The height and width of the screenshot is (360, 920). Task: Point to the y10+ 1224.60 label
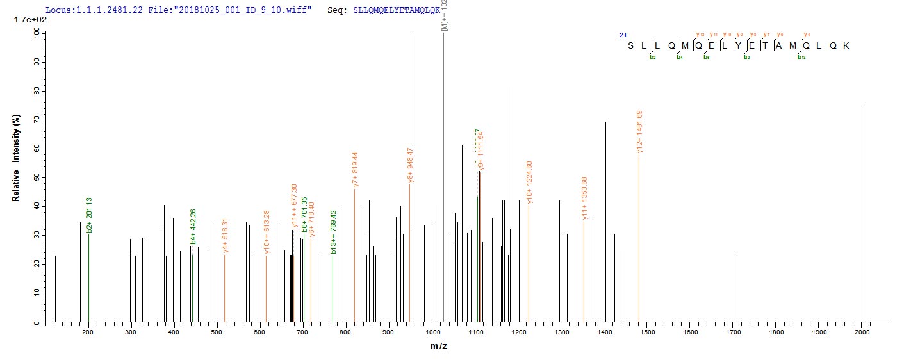pos(529,183)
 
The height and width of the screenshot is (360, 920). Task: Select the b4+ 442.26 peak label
pos(193,226)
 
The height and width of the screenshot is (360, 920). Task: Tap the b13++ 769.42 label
pos(333,233)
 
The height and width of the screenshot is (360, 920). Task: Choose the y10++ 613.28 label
pos(267,234)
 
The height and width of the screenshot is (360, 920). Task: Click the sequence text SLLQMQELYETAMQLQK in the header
pos(396,11)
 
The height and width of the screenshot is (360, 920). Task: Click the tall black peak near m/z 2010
pos(866,192)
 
